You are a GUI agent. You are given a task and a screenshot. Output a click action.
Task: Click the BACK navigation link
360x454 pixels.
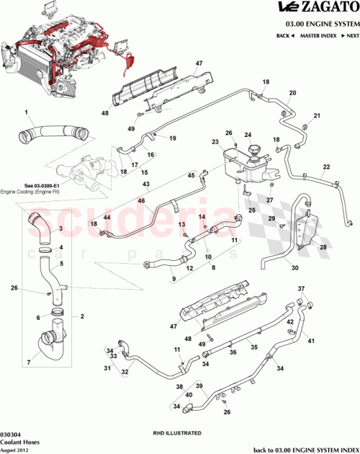(284, 35)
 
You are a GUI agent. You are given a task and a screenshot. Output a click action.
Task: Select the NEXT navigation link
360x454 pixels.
(350, 35)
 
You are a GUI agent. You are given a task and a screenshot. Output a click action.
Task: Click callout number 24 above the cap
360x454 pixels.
(248, 135)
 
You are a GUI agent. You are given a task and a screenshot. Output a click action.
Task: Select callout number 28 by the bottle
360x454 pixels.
(323, 247)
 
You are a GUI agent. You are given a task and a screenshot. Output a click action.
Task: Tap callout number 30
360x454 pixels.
(294, 268)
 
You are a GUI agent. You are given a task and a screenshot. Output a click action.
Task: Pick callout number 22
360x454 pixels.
(325, 167)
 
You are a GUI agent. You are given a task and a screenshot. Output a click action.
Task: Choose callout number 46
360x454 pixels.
(141, 200)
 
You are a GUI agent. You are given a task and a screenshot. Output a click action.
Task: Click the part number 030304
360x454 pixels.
(10, 434)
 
